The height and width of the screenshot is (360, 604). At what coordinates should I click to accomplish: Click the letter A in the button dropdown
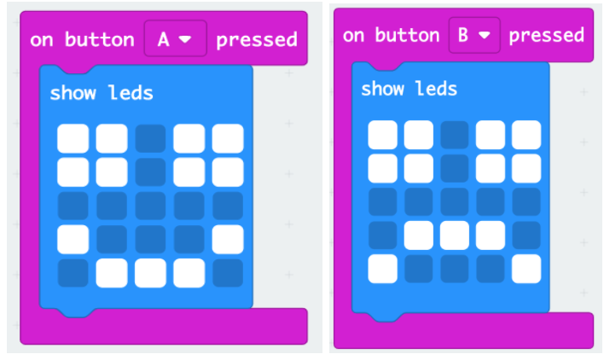click(163, 39)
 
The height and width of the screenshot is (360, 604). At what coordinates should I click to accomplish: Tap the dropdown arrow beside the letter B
click(484, 36)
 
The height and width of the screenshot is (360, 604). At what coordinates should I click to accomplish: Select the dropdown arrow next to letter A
click(185, 39)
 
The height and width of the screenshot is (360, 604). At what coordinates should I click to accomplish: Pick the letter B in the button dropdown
click(463, 35)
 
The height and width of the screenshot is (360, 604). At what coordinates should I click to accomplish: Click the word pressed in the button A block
click(257, 40)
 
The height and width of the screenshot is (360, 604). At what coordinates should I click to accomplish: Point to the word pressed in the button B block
click(546, 36)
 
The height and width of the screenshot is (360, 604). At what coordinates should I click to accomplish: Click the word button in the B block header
click(407, 35)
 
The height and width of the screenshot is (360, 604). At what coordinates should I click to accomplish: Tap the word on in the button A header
click(42, 40)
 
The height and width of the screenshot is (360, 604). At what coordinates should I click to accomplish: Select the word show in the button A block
click(73, 93)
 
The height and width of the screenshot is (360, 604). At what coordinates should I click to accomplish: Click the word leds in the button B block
click(436, 89)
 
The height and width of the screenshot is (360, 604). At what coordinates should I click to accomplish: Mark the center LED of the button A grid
click(150, 206)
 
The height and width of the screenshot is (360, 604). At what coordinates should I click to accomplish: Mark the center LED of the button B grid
click(454, 202)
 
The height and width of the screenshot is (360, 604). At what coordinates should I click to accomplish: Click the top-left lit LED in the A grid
click(73, 138)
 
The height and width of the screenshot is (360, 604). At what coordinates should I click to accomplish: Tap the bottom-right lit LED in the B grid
click(526, 269)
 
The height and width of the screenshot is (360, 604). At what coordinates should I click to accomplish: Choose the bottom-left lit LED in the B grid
click(382, 269)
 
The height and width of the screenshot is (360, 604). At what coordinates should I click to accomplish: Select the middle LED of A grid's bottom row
click(150, 273)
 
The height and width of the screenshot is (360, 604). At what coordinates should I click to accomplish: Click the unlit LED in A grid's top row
click(150, 138)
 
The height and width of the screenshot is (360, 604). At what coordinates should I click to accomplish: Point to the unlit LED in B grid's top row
click(454, 135)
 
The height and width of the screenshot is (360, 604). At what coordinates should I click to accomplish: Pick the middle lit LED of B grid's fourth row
click(454, 235)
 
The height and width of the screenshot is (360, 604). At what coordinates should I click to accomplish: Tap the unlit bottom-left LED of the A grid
click(73, 273)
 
